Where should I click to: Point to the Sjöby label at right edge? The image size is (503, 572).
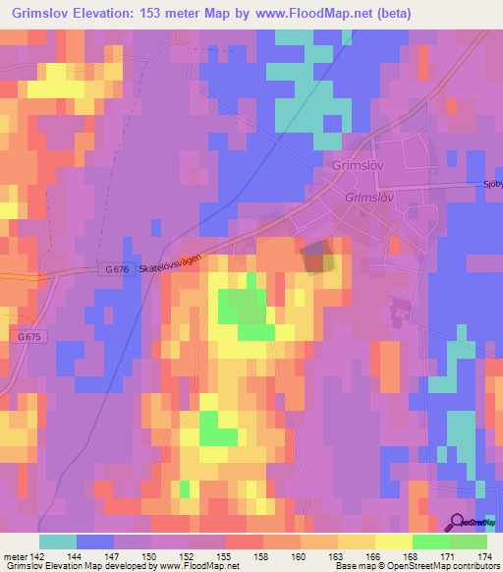[492, 184]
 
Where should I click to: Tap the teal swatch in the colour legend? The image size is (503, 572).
[58, 542]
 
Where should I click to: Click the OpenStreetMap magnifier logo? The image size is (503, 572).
[458, 523]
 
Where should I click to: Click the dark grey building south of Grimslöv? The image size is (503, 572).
[315, 258]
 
